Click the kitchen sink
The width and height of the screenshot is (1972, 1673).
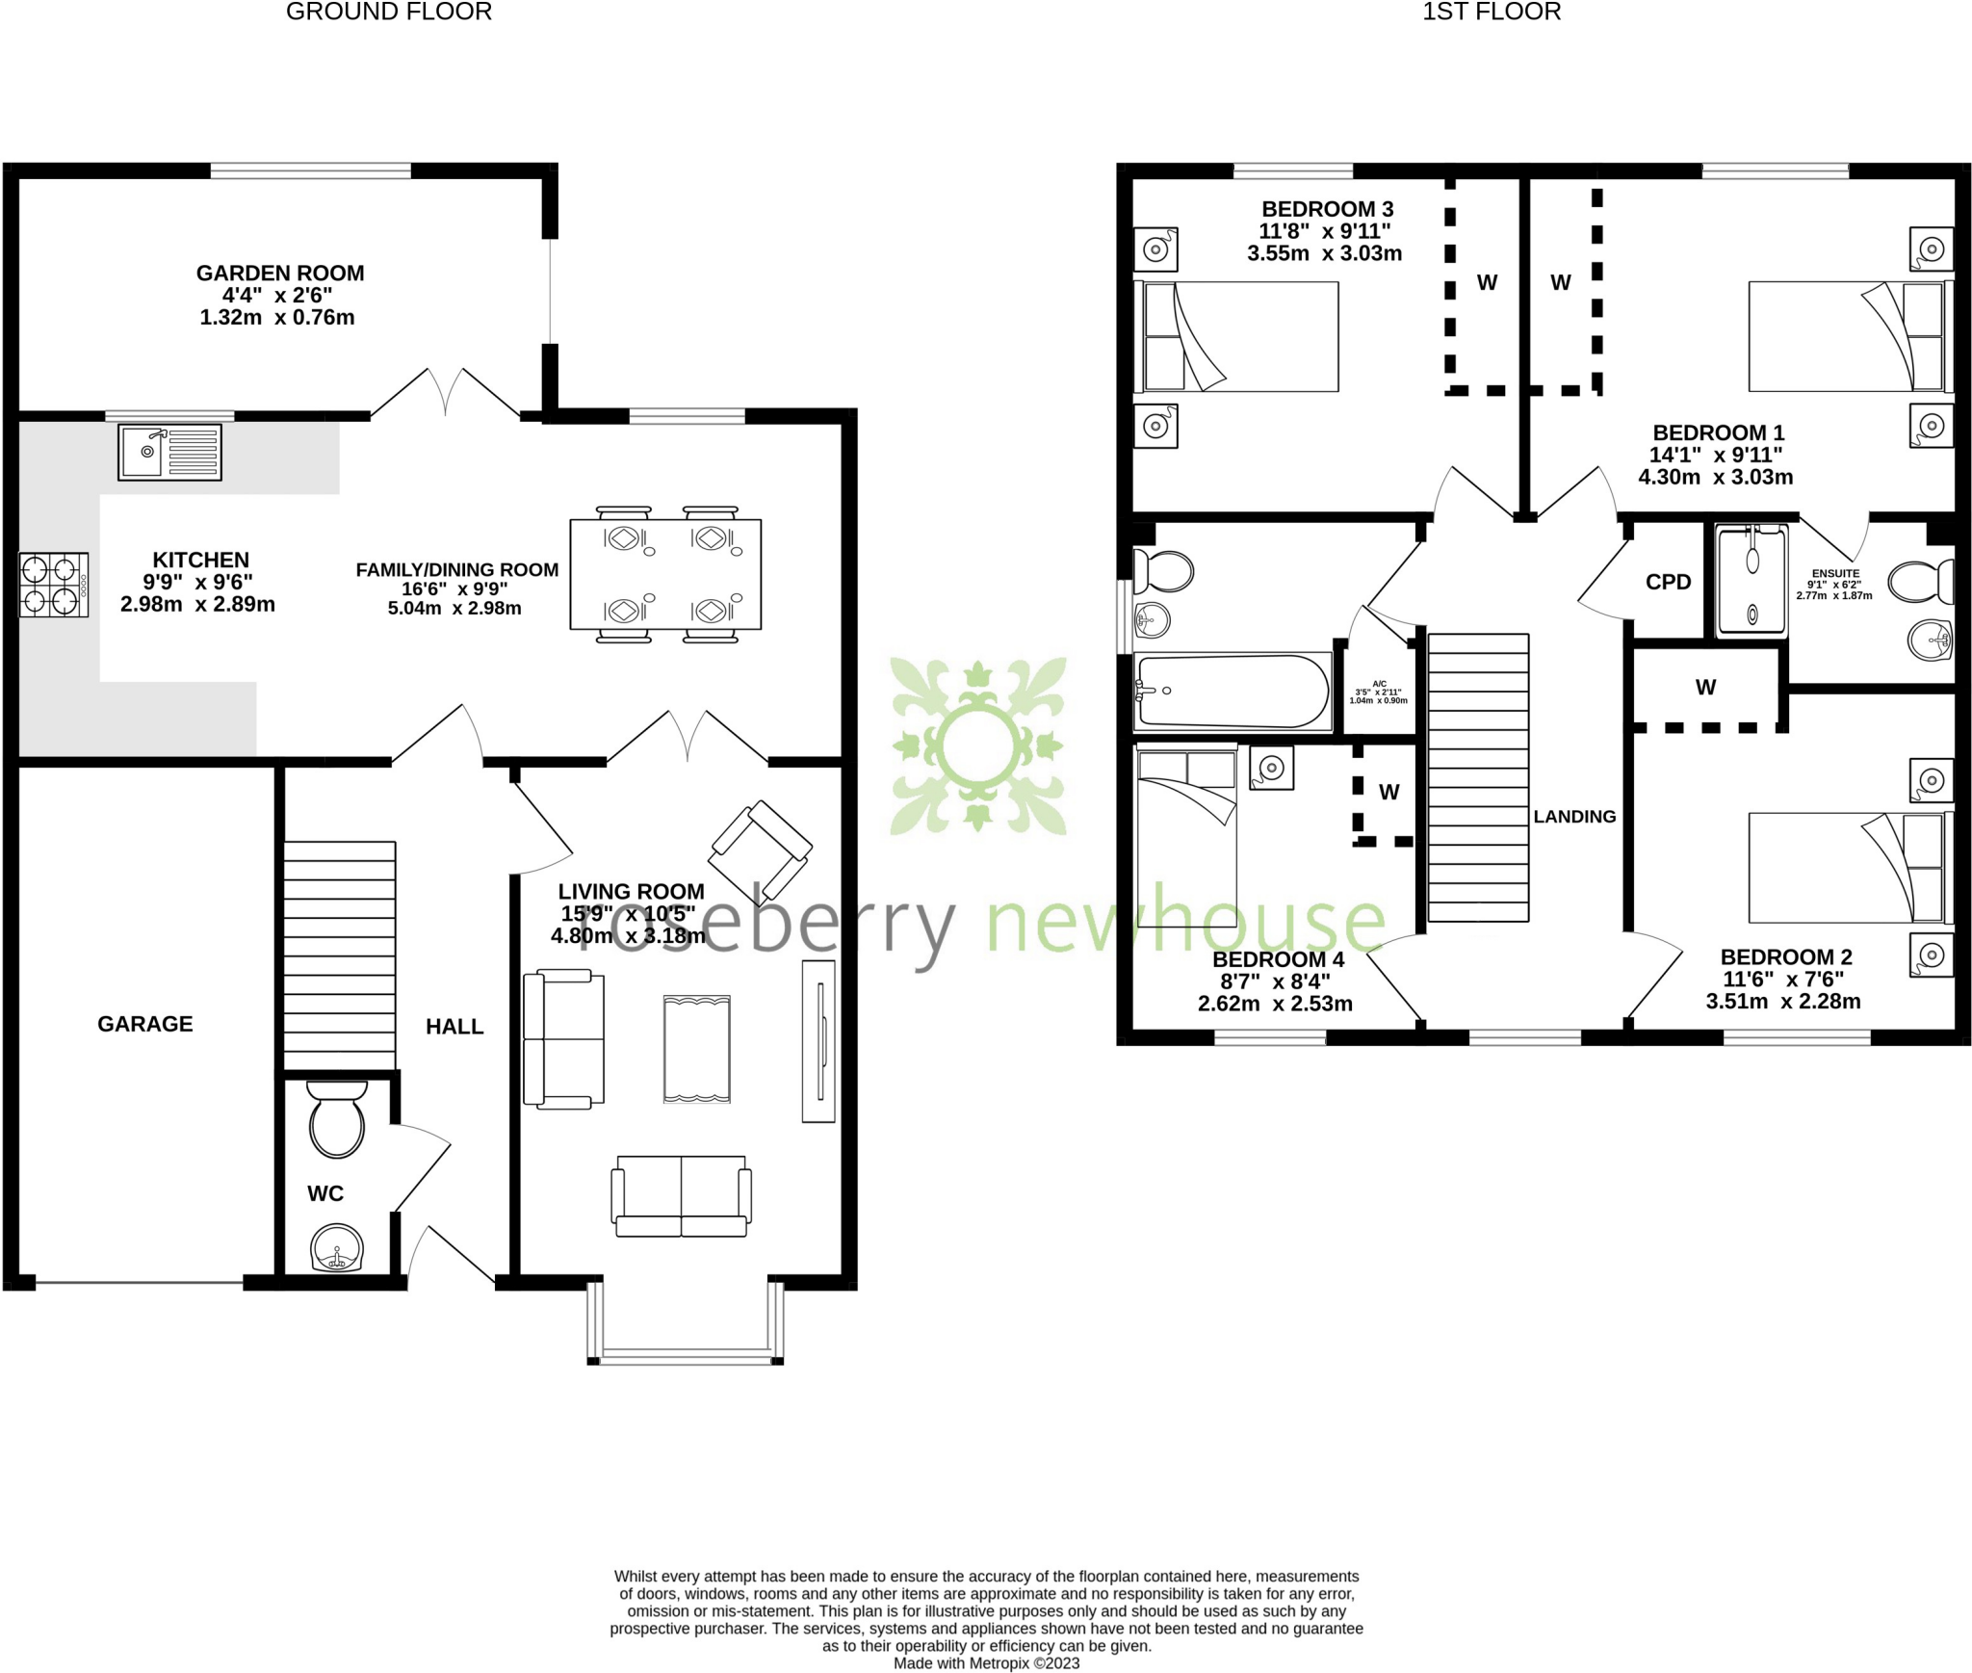pos(169,452)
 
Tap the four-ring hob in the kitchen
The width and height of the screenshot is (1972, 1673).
pos(53,585)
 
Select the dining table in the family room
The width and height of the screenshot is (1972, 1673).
pos(665,575)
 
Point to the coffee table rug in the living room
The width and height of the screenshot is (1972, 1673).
pos(696,1049)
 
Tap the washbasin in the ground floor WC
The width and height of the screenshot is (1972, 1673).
pos(337,1249)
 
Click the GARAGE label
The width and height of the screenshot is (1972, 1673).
pos(145,1024)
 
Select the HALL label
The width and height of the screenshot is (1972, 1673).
pos(454,1027)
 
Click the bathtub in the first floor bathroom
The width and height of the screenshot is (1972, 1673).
pos(1232,691)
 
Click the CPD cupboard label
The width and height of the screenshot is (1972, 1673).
pos(1668,582)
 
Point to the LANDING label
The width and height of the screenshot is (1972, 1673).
pos(1574,817)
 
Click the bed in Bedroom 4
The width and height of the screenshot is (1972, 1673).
pos(1186,838)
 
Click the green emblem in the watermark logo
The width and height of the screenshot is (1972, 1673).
pos(978,745)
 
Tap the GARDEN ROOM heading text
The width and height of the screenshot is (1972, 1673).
pos(280,274)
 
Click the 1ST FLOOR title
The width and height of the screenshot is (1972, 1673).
pos(1491,12)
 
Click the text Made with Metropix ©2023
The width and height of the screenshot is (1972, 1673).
pos(986,1663)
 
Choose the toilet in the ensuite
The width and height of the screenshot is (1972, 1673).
pos(1920,582)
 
